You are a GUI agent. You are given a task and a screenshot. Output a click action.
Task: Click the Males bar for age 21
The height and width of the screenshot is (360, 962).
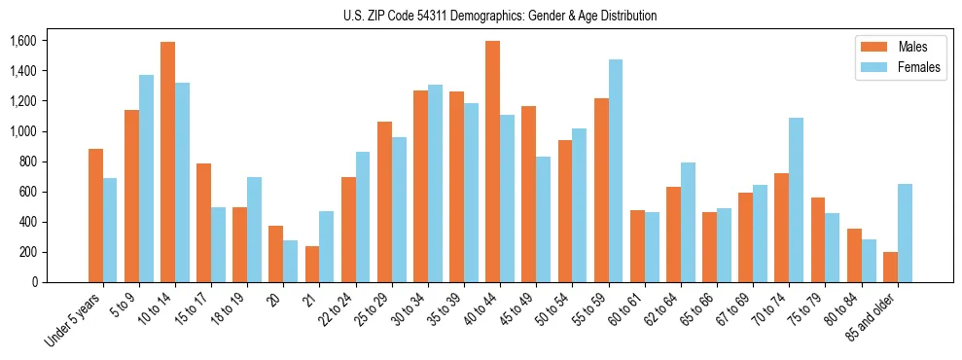click(x=312, y=264)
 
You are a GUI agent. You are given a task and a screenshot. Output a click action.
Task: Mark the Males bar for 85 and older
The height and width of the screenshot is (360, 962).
click(x=890, y=268)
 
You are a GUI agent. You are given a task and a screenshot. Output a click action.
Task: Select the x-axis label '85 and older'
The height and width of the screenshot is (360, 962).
click(x=872, y=320)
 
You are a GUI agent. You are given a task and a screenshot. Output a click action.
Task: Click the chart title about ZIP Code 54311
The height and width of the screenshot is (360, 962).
click(x=500, y=16)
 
